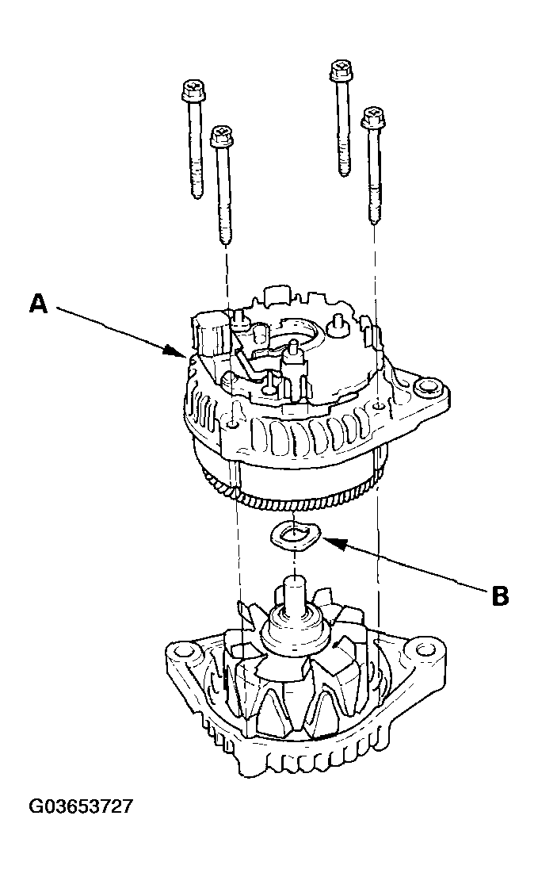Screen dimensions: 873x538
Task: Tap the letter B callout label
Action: pyautogui.click(x=499, y=595)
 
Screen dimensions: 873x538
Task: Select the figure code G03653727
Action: pyautogui.click(x=81, y=807)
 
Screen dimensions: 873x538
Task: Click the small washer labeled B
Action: pyautogui.click(x=295, y=536)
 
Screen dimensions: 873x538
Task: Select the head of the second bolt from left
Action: pyautogui.click(x=222, y=136)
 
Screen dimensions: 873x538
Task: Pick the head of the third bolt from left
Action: pyautogui.click(x=340, y=71)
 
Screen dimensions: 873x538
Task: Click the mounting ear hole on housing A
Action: pyautogui.click(x=429, y=388)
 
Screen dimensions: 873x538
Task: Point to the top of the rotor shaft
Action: pyautogui.click(x=294, y=585)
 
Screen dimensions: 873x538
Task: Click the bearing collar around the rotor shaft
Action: pyautogui.click(x=294, y=627)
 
